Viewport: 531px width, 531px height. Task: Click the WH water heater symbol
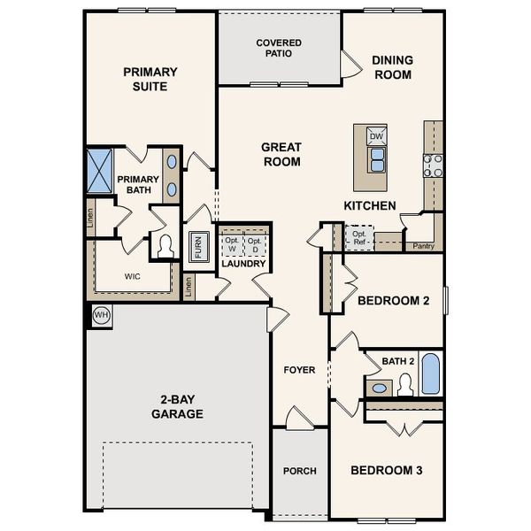point(100,315)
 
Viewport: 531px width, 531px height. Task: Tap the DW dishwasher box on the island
point(376,135)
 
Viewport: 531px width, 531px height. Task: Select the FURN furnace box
point(197,247)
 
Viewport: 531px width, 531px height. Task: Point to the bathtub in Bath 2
point(429,374)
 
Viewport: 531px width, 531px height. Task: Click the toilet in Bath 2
point(406,384)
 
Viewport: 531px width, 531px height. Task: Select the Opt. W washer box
point(232,245)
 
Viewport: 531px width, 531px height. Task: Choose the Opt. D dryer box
point(255,245)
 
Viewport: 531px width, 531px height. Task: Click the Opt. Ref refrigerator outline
point(359,237)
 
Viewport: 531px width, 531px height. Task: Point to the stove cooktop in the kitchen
point(433,165)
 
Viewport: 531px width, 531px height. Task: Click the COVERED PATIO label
point(279,48)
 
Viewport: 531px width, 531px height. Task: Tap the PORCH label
point(300,471)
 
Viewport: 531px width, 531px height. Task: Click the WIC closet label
point(132,276)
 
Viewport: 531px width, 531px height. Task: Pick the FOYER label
point(299,370)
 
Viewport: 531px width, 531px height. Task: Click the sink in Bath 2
point(381,388)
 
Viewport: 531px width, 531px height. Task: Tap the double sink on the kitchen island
point(376,159)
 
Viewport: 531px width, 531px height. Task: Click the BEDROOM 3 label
point(386,470)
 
